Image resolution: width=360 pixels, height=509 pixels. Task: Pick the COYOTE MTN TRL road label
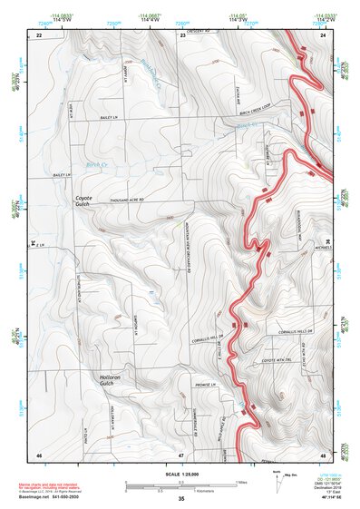tap(280, 357)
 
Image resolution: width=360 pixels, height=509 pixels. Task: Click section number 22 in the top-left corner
tap(39, 34)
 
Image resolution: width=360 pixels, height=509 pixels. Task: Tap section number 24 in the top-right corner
tap(323, 34)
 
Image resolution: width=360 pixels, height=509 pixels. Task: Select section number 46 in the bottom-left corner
tap(39, 454)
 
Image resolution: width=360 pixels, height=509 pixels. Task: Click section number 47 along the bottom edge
tap(180, 454)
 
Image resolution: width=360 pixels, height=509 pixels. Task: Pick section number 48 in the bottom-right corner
tap(323, 454)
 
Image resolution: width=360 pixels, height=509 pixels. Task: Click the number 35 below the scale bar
tap(180, 499)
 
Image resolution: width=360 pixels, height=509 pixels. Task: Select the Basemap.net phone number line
tap(51, 497)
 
